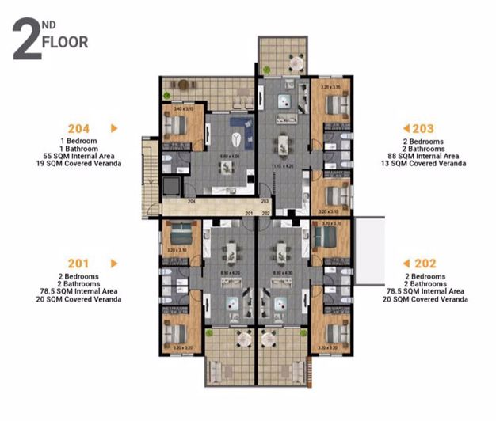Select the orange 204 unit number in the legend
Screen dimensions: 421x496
coord(78,127)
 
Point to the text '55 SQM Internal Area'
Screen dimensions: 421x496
coord(78,156)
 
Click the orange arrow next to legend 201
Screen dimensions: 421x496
coord(114,263)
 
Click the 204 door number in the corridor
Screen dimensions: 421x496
coord(191,202)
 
